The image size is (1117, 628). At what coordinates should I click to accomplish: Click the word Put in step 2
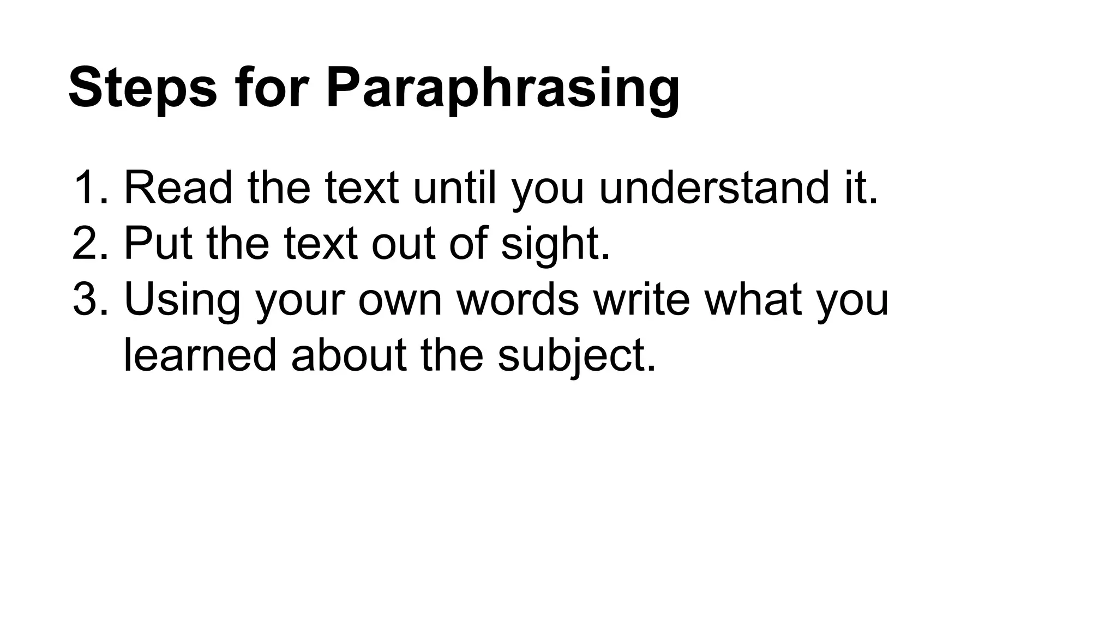coord(158,244)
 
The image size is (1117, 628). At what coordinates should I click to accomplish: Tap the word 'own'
coord(400,299)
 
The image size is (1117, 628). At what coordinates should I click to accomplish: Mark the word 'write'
coord(641,299)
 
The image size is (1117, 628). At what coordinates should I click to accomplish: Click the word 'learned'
coord(200,355)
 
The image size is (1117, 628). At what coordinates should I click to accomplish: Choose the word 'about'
coord(349,355)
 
